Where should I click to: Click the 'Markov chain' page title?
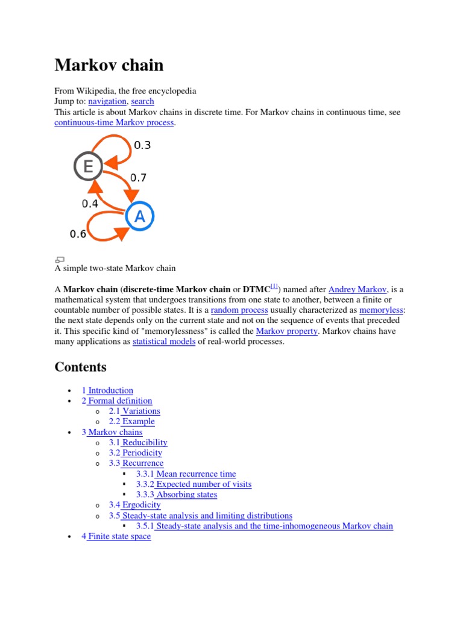click(x=109, y=65)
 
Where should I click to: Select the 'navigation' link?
click(x=107, y=101)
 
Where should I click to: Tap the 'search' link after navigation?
click(x=142, y=101)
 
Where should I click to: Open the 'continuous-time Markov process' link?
click(x=114, y=122)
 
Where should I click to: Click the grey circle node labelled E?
click(x=88, y=166)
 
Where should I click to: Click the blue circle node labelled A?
click(x=140, y=216)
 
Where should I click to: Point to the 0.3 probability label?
click(x=142, y=145)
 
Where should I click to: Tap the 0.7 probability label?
click(x=139, y=178)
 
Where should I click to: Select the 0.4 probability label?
click(x=90, y=204)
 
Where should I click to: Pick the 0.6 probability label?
click(x=78, y=234)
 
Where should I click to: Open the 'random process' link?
click(x=239, y=310)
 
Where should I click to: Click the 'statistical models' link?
click(x=164, y=342)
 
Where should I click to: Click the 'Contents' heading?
click(x=80, y=367)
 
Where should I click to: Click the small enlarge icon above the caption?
click(x=59, y=259)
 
